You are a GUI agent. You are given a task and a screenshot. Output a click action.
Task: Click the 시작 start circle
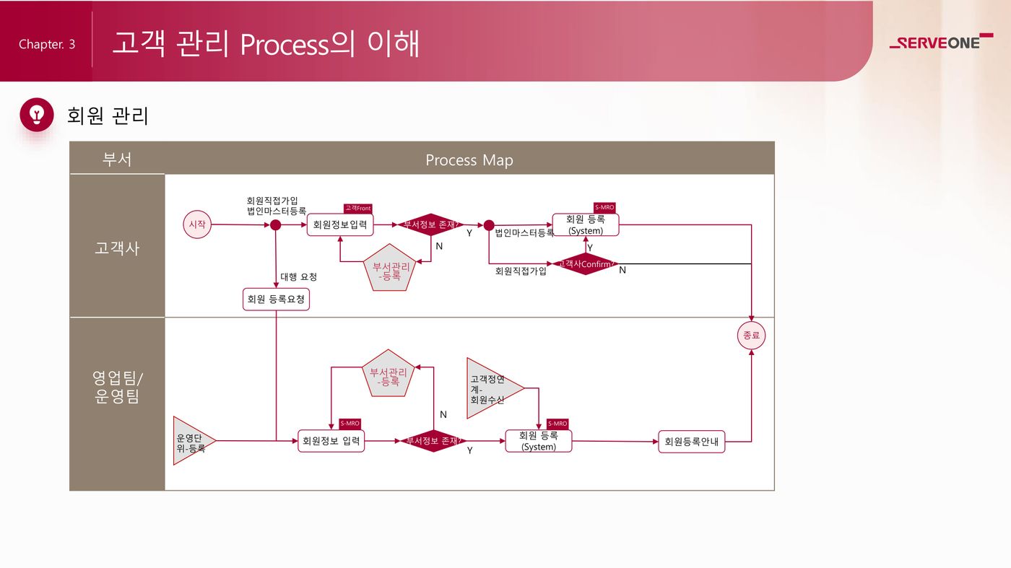(197, 224)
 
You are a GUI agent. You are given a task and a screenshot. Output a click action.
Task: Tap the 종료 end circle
(752, 335)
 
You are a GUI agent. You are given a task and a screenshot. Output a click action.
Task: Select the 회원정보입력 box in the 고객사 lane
(339, 224)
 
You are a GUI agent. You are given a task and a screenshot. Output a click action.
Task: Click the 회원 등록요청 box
(276, 299)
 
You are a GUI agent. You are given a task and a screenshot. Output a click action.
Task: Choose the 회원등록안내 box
(691, 442)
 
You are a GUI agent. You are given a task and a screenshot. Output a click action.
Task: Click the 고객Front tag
(357, 209)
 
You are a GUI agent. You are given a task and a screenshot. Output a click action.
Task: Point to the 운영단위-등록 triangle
(191, 442)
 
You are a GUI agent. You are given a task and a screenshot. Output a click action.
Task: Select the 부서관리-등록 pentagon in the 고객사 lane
(391, 268)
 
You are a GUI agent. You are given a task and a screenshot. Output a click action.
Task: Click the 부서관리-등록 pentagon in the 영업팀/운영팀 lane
(389, 375)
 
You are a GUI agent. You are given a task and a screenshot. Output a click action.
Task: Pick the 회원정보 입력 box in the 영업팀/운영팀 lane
(331, 441)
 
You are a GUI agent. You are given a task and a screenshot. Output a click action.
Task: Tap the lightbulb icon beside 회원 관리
(37, 115)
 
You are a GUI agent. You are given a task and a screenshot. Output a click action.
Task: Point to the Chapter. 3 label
(47, 44)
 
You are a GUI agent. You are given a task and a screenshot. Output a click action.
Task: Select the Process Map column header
(469, 160)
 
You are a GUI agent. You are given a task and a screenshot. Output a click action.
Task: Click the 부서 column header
(117, 159)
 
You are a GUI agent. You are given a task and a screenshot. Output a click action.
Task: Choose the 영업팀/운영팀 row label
(117, 387)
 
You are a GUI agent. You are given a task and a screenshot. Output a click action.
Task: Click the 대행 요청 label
(298, 276)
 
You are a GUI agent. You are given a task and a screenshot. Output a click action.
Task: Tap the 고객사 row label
(117, 248)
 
